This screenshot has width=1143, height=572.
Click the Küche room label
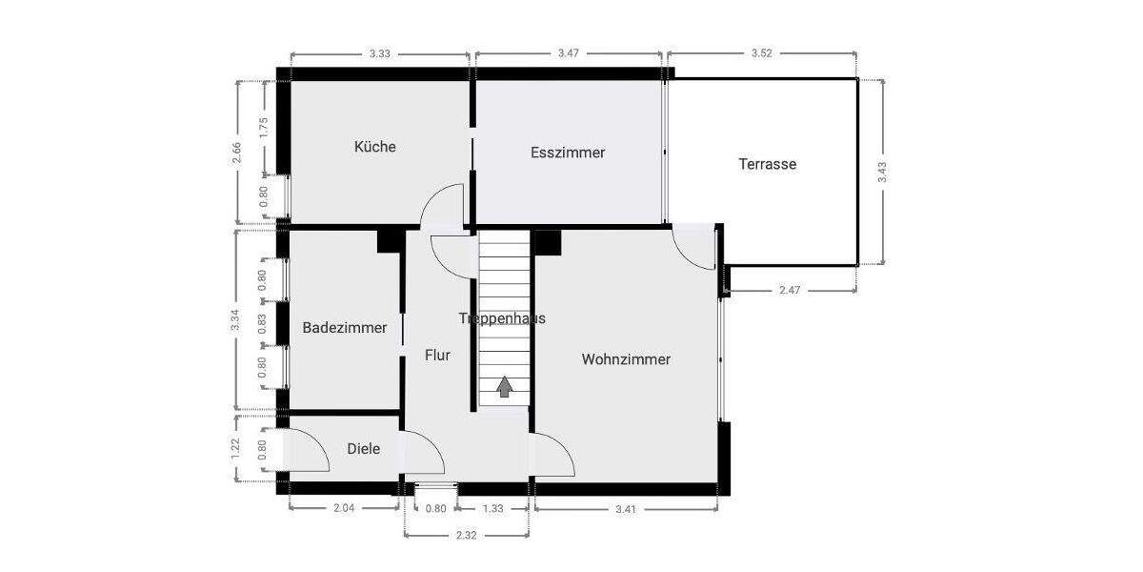pos(374,147)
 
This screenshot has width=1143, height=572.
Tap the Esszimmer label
pos(568,153)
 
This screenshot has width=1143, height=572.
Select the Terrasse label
pos(767,164)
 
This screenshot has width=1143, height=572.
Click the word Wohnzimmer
pos(626,359)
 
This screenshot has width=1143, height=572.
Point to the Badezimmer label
pos(345,328)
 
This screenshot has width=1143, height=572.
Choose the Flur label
pos(437,355)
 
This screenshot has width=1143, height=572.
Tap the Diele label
pos(363,448)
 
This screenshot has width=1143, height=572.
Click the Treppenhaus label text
pos(502,318)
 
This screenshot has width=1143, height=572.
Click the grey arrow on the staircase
pos(503,386)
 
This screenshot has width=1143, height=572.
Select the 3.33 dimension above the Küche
pos(379,53)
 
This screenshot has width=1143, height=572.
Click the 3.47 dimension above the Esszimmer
pos(568,53)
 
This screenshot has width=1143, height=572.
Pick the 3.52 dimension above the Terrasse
pos(761,53)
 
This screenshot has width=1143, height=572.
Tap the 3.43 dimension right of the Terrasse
pos(882,172)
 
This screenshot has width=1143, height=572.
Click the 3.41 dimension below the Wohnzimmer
pos(625,509)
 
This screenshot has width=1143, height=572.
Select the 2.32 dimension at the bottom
pos(466,536)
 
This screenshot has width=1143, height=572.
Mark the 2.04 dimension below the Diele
pos(344,509)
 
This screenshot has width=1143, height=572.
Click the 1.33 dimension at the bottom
pos(492,509)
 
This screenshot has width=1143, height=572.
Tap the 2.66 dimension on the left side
pos(237,153)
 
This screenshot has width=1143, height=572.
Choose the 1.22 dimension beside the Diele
pos(237,448)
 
